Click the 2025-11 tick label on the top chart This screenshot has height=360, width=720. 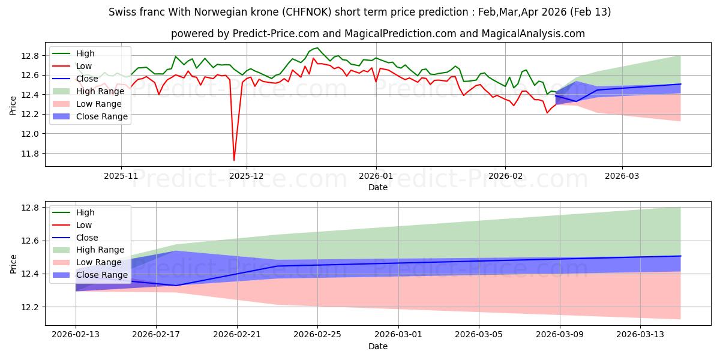pyautogui.click(x=121, y=176)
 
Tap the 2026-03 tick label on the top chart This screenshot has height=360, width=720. pyautogui.click(x=622, y=176)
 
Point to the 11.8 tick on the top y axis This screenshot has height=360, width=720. pyautogui.click(x=30, y=154)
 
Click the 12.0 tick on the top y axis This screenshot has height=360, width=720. pyautogui.click(x=30, y=134)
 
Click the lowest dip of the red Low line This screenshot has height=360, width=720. pyautogui.click(x=234, y=160)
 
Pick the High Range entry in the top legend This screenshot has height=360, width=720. pyautogui.click(x=101, y=91)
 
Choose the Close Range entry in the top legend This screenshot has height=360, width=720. pyautogui.click(x=102, y=116)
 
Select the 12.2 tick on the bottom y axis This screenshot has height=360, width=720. pyautogui.click(x=30, y=307)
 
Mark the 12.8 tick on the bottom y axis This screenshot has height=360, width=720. pyautogui.click(x=30, y=208)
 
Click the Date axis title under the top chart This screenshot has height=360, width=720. pyautogui.click(x=378, y=187)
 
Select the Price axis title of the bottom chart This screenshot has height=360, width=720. pyautogui.click(x=13, y=263)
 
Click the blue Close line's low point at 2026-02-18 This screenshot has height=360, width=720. pyautogui.click(x=176, y=286)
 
